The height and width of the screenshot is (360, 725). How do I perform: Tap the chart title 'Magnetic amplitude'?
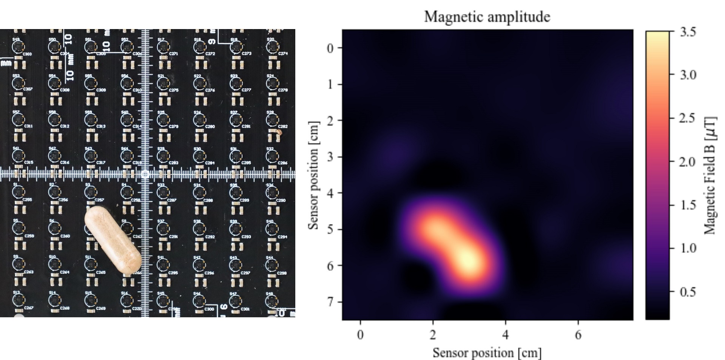[x=487, y=17]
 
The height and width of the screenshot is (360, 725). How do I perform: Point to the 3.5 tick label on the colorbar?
[x=688, y=32]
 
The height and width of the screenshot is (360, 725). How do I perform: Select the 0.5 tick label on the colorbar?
[x=688, y=292]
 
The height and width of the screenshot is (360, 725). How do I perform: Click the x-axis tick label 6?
[x=578, y=335]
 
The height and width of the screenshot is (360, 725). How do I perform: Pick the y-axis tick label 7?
[x=330, y=302]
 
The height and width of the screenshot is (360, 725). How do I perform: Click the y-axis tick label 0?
[x=330, y=48]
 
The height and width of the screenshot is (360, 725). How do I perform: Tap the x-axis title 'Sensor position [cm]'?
[x=487, y=353]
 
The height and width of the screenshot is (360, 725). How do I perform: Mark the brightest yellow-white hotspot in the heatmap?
[x=468, y=261]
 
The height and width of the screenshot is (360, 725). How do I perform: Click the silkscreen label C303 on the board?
[x=27, y=54]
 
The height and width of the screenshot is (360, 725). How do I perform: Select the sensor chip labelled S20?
[x=272, y=47]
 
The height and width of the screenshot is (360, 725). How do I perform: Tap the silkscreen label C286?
[x=282, y=163]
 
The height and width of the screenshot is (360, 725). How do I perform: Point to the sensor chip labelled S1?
[x=18, y=192]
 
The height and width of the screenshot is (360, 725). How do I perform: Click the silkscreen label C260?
[x=65, y=236]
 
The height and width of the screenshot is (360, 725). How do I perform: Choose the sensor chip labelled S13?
[x=18, y=300]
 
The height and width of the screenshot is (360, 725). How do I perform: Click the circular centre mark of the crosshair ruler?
[x=145, y=174]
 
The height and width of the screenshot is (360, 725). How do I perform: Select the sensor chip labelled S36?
[x=272, y=192]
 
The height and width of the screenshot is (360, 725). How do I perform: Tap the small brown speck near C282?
[x=279, y=132]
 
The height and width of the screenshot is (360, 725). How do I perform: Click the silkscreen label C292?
[x=210, y=237]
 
